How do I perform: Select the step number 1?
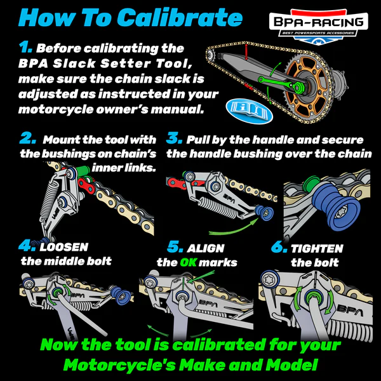click(x=25, y=48)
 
